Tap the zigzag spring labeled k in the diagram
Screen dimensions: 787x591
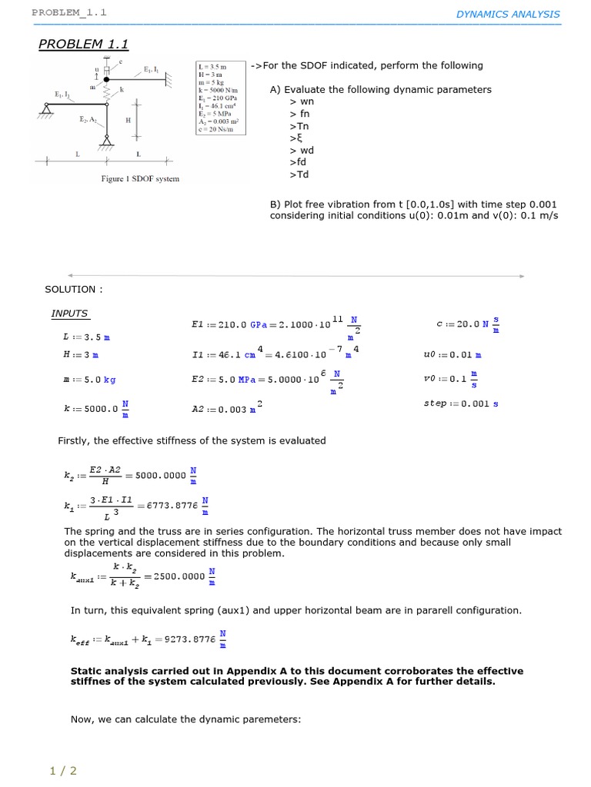point(107,95)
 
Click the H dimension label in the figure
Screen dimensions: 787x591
point(128,121)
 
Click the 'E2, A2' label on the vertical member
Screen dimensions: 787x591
point(88,120)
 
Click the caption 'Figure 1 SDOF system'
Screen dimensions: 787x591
point(140,179)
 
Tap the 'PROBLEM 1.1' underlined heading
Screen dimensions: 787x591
point(83,45)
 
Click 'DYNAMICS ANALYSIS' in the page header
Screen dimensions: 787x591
point(508,14)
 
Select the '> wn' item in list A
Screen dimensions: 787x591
point(302,101)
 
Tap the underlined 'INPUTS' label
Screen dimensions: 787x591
point(69,314)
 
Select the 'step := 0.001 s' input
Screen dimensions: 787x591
point(461,403)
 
